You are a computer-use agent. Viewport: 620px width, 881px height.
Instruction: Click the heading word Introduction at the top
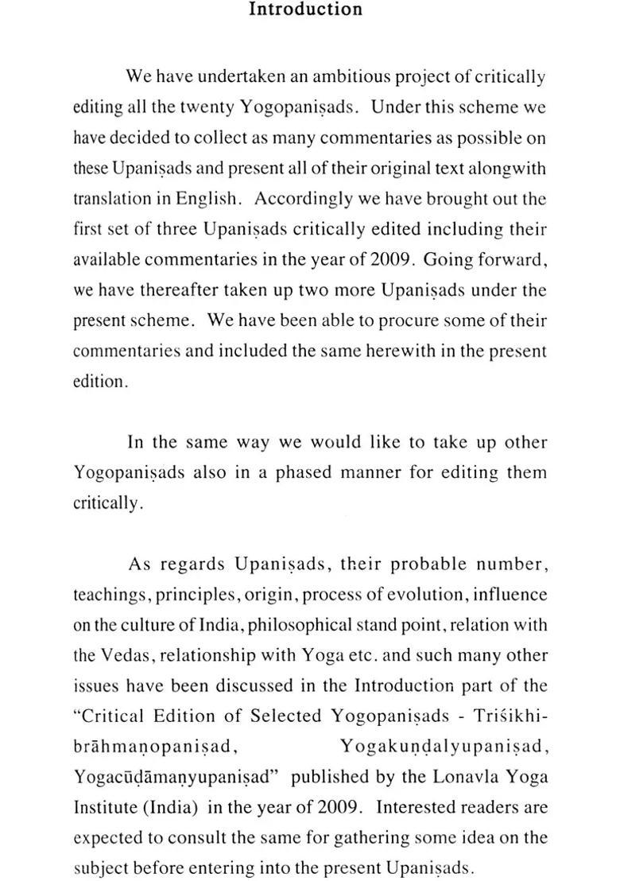[305, 10]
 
